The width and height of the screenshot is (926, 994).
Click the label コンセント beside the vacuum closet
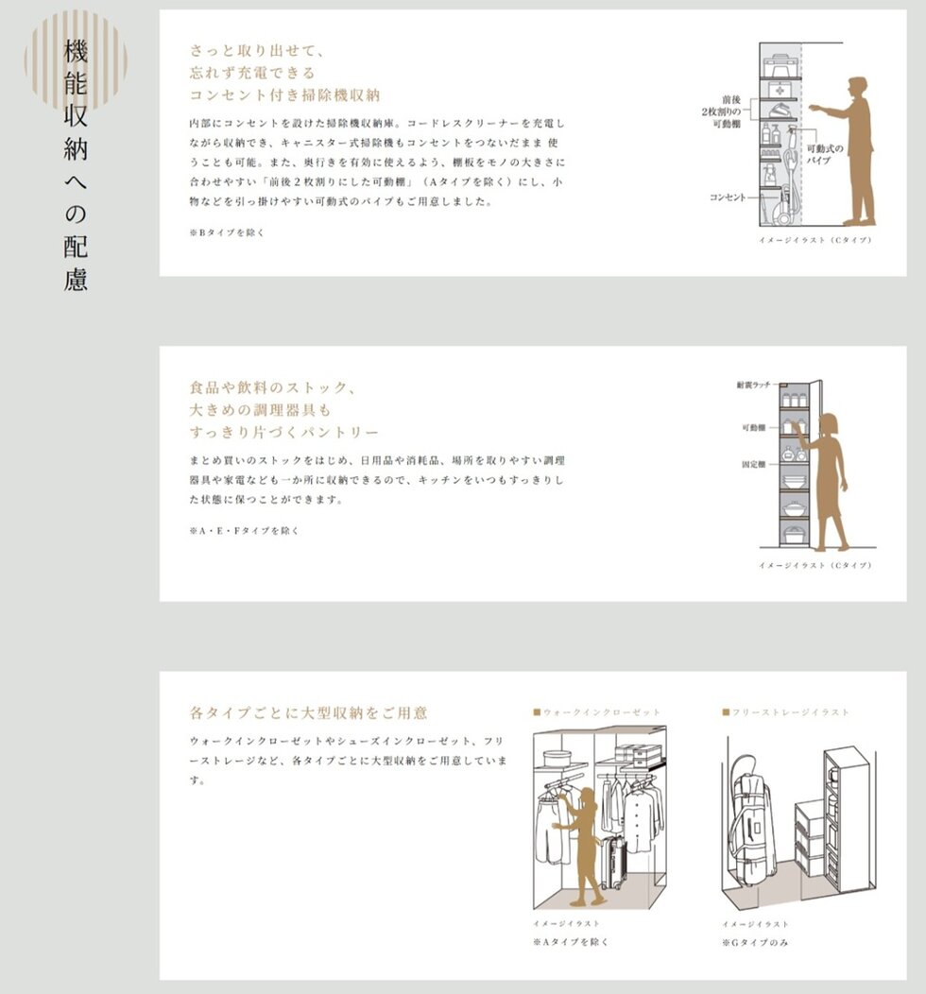pyautogui.click(x=728, y=197)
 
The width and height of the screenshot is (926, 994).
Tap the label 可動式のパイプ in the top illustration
pyautogui.click(x=825, y=154)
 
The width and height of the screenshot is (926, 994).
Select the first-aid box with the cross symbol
pyautogui.click(x=779, y=91)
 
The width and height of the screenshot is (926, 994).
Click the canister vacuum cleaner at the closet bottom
pyautogui.click(x=783, y=205)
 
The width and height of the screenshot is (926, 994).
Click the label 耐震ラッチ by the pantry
pyautogui.click(x=754, y=385)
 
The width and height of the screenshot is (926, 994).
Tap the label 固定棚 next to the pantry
pyautogui.click(x=754, y=465)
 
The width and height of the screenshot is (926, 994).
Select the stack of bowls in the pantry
pyautogui.click(x=793, y=480)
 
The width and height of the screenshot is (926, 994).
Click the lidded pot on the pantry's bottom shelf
pyautogui.click(x=793, y=535)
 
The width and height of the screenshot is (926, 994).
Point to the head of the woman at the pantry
pyautogui.click(x=829, y=423)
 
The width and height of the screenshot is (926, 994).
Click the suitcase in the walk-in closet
pyautogui.click(x=613, y=862)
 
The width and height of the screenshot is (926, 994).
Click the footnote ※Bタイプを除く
pyautogui.click(x=227, y=232)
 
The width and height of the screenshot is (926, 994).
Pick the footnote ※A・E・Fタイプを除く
pyautogui.click(x=244, y=531)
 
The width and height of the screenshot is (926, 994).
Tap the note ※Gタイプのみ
pyautogui.click(x=755, y=943)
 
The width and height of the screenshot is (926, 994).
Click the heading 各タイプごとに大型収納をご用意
pyautogui.click(x=309, y=712)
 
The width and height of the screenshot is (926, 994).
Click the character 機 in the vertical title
pyautogui.click(x=76, y=52)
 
